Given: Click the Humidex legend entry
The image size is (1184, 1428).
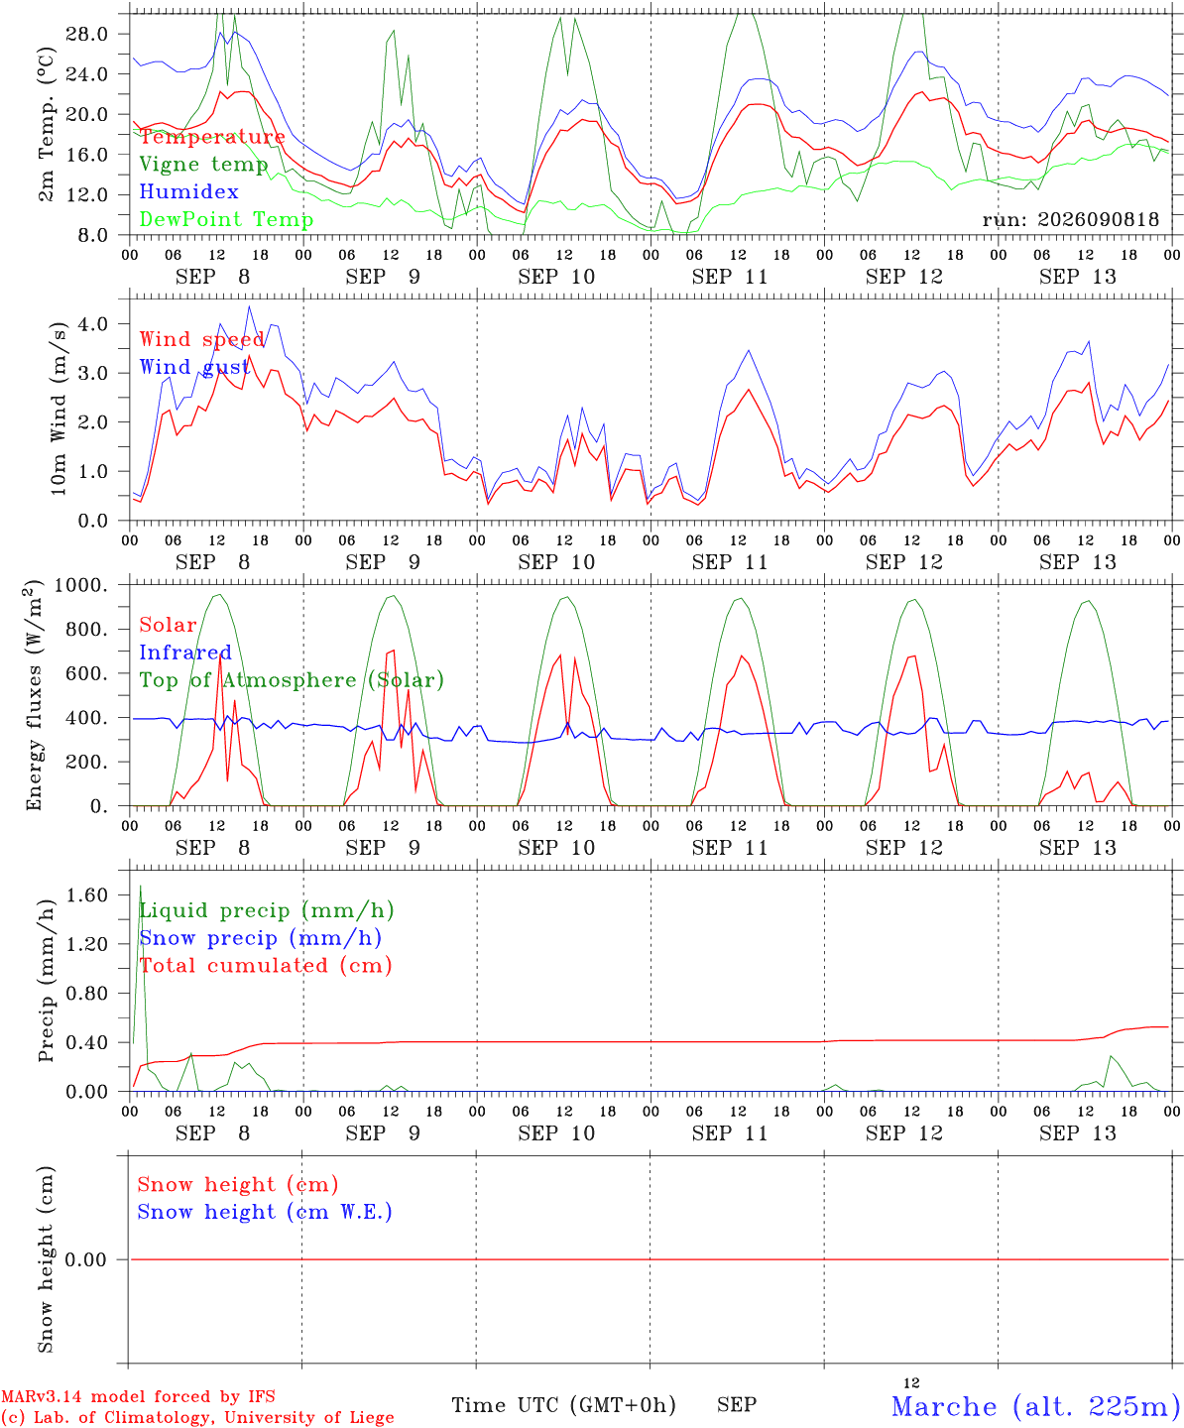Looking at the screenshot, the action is (x=188, y=191).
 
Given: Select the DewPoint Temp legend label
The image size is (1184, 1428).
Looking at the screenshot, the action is (x=226, y=219).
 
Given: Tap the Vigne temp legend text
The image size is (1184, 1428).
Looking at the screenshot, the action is (x=204, y=165).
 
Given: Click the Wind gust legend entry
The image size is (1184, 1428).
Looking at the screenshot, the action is (x=194, y=367).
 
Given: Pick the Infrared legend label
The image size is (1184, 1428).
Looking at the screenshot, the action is (x=185, y=653).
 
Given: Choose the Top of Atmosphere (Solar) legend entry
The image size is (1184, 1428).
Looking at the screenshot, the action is (x=293, y=680).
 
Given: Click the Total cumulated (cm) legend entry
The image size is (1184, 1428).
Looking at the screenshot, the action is (x=266, y=965).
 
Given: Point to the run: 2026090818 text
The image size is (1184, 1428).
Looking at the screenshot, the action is (x=1070, y=219).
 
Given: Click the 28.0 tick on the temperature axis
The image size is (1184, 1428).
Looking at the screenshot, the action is (x=86, y=34).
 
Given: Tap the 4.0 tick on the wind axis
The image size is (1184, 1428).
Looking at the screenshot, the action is (x=92, y=324).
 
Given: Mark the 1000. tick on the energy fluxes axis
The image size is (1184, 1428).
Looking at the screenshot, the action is (x=81, y=585).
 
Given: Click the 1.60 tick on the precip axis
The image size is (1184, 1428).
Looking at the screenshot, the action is (x=86, y=895).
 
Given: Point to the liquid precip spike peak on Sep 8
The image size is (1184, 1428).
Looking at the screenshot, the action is (x=141, y=887).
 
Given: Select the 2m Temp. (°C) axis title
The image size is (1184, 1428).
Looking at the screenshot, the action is (x=46, y=125).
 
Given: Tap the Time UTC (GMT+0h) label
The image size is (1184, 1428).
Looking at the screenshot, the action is (x=563, y=1405).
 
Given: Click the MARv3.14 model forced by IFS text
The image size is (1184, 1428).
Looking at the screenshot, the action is (x=138, y=1396).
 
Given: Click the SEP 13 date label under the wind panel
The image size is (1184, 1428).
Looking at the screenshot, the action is (x=1077, y=562).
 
